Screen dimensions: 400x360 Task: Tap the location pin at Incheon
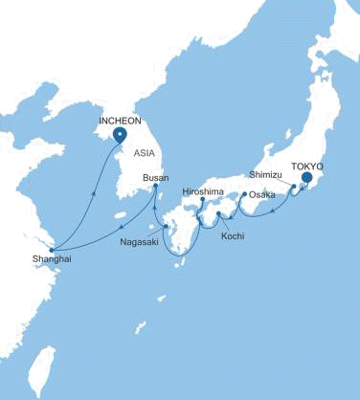tap(120, 137)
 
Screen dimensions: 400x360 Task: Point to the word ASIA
tap(144, 152)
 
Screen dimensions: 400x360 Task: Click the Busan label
tap(155, 178)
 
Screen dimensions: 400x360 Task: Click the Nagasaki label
tap(140, 241)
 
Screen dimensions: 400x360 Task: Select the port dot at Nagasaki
tap(166, 227)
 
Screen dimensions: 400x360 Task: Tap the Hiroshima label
tap(202, 191)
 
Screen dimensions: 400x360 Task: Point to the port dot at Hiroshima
tap(203, 201)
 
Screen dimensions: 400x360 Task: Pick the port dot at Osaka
tap(246, 195)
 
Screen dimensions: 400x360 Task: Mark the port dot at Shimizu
tap(293, 185)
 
